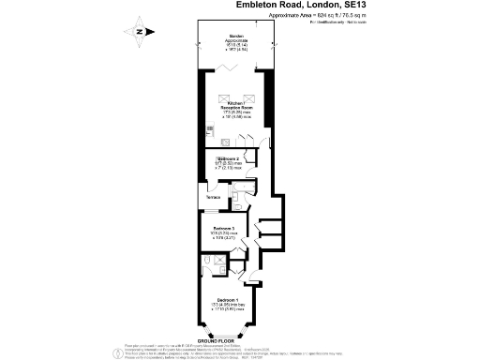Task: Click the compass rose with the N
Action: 139,30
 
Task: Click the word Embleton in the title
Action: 259,6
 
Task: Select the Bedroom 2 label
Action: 229,159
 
